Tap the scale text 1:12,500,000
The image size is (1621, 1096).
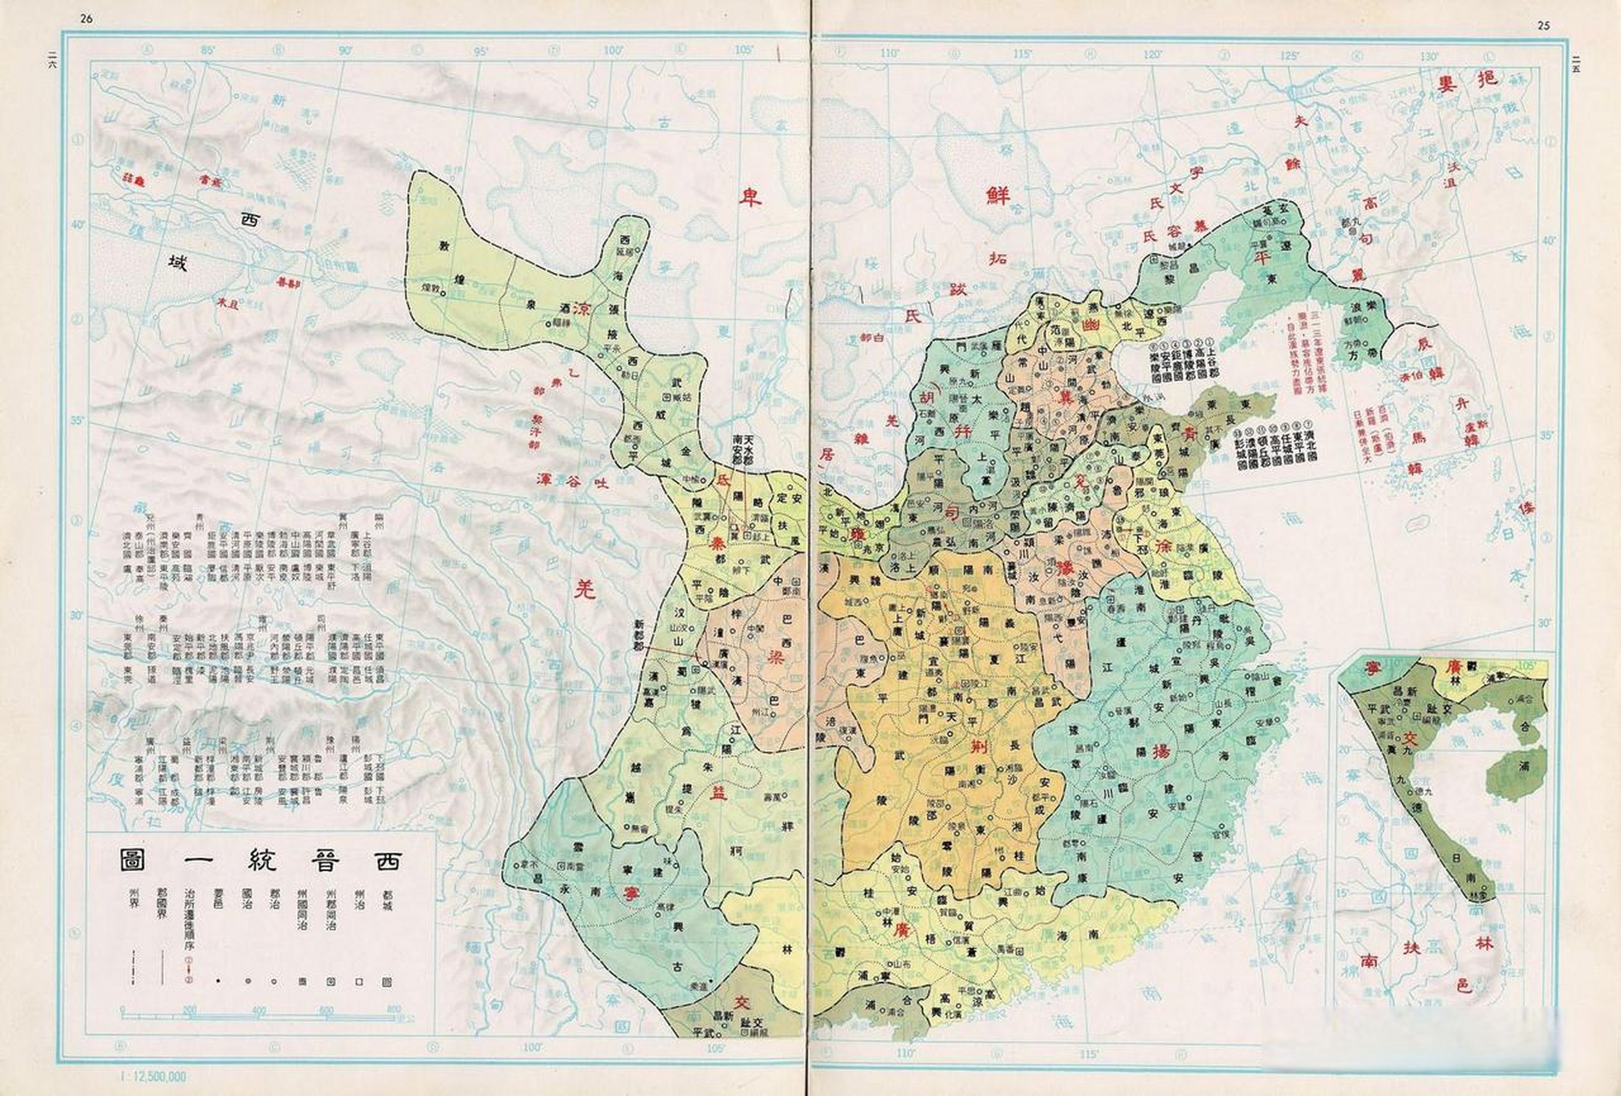(155, 1076)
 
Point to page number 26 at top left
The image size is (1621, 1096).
(87, 20)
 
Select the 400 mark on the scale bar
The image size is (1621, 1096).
(258, 1010)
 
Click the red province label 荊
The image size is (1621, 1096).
(978, 746)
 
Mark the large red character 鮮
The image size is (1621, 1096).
(997, 196)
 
